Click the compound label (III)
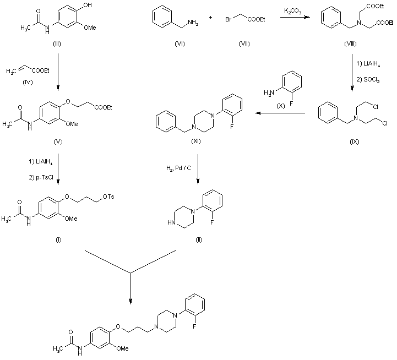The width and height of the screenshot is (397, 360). (x=57, y=43)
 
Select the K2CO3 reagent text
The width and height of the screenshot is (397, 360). (x=291, y=12)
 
